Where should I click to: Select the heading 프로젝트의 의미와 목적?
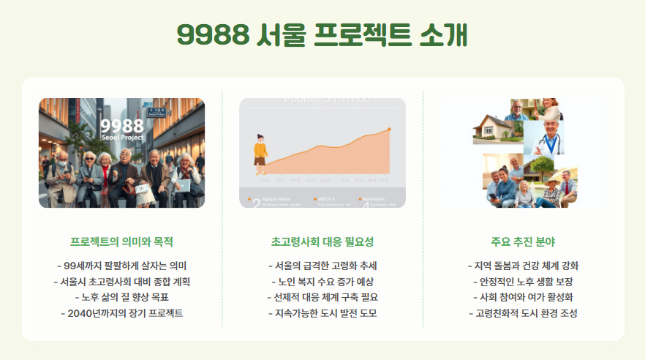[121, 241]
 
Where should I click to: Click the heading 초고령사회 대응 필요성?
[322, 241]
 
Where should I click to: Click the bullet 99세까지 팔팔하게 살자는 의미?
[121, 266]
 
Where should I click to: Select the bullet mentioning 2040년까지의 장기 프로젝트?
[121, 313]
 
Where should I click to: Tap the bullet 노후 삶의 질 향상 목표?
[121, 297]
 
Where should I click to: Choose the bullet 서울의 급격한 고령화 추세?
[322, 266]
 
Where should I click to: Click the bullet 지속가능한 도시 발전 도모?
[322, 313]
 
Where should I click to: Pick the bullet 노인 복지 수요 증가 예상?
[322, 281]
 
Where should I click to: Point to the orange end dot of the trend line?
[389, 129]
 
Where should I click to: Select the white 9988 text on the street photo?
[122, 125]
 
